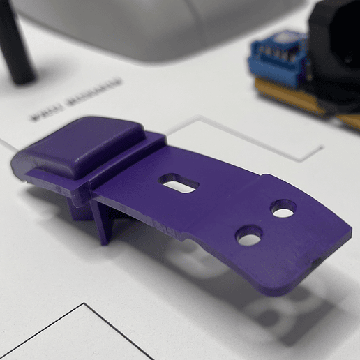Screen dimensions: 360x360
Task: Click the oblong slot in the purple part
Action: click(179, 183)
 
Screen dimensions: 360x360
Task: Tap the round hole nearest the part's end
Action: click(283, 208)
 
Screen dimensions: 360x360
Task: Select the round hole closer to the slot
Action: click(249, 235)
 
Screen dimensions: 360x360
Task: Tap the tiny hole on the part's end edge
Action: click(315, 264)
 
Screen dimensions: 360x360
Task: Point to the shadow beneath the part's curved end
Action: click(279, 307)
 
